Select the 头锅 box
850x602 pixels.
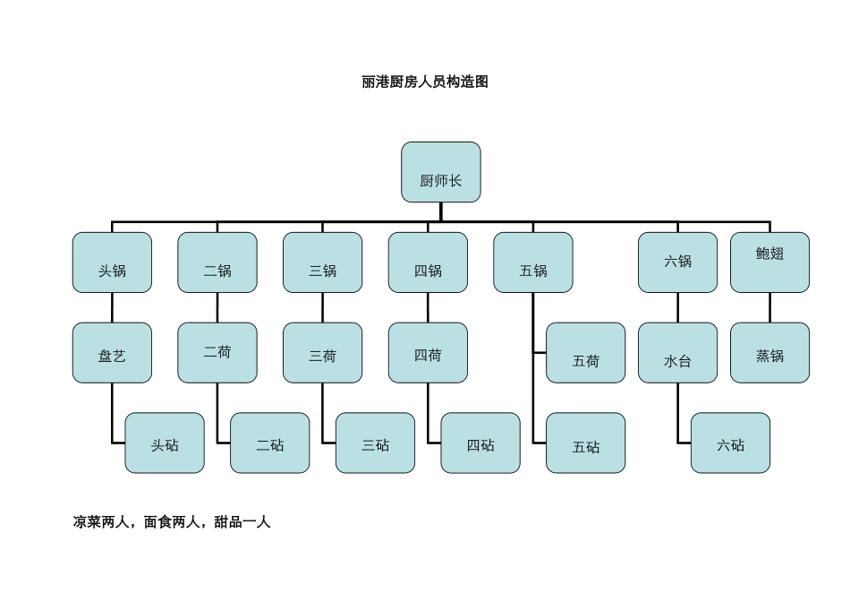pos(112,262)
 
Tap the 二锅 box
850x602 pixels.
pos(217,262)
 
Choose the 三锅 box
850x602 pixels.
pos(322,262)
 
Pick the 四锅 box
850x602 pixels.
pos(428,262)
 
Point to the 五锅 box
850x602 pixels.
pos(533,262)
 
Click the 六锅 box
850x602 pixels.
pos(677,262)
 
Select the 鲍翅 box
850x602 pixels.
pos(769,262)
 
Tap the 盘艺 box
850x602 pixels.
pos(112,353)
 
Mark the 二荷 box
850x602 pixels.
pos(217,353)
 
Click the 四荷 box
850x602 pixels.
pos(428,353)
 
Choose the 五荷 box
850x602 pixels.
pos(586,353)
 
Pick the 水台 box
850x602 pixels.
pos(677,353)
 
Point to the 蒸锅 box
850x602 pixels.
pos(769,353)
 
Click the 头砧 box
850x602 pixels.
pos(165,443)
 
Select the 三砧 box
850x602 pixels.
pos(375,443)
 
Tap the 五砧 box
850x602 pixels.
pos(586,443)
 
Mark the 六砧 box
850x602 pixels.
pos(730,443)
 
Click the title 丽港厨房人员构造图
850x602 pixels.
pos(425,82)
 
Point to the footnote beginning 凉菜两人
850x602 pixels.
pos(172,522)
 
